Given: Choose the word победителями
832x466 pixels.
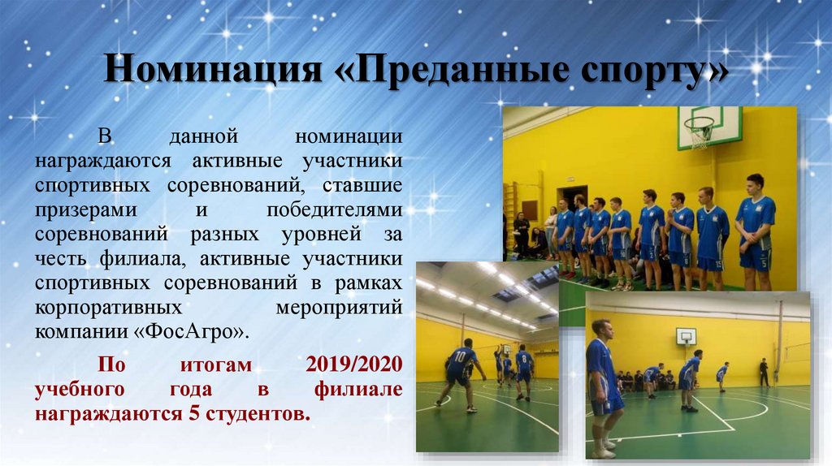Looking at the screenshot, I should pyautogui.click(x=334, y=209).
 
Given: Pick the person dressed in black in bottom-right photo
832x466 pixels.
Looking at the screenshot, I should pyautogui.click(x=764, y=372).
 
